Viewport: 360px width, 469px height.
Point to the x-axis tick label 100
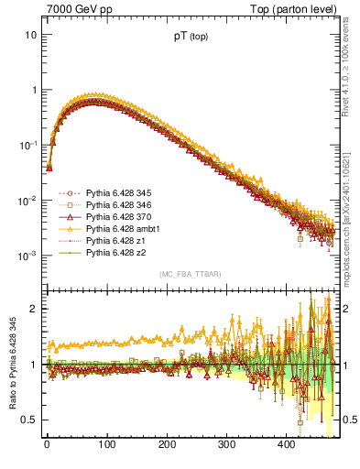[106, 446]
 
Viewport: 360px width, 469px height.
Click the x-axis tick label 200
[167, 446]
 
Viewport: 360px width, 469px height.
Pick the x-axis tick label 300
[227, 446]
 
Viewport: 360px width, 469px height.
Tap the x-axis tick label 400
[287, 446]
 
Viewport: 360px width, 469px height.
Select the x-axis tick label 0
[47, 446]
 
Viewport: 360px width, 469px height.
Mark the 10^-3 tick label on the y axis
[26, 256]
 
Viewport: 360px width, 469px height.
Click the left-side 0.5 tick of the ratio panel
[28, 420]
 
